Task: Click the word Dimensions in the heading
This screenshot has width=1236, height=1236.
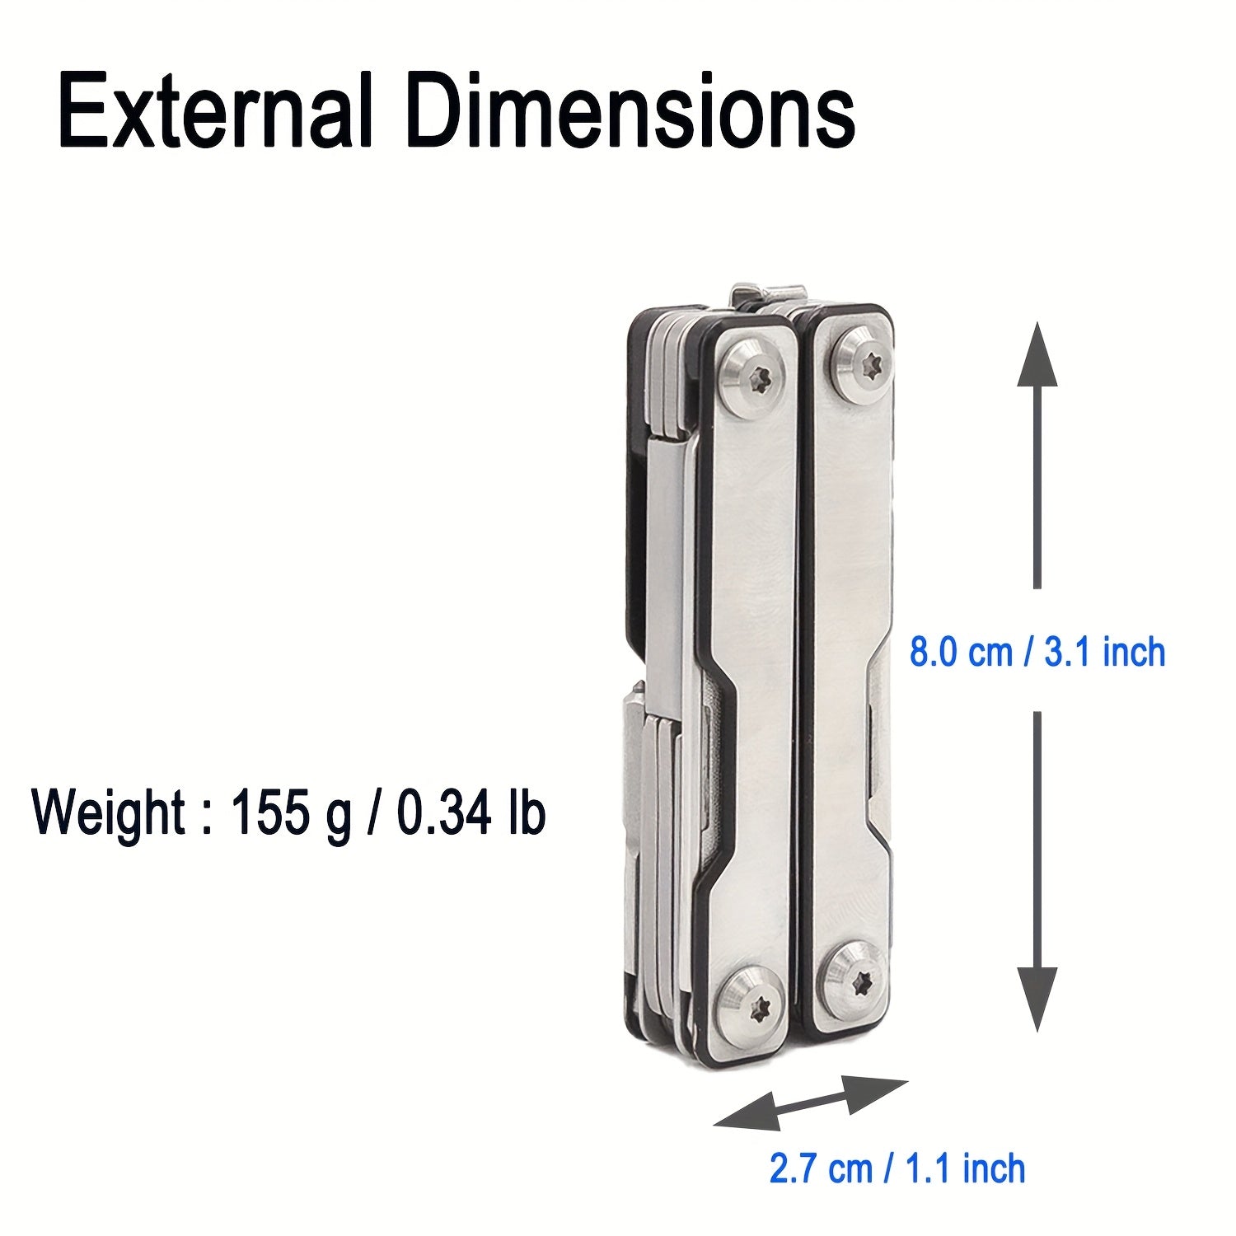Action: coord(630,111)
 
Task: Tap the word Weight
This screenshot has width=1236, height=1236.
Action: coord(107,813)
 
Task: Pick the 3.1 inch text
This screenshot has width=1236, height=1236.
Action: coord(1104,653)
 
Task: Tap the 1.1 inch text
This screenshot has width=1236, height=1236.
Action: coord(965,1168)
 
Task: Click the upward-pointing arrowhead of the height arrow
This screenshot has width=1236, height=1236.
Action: coord(1037,358)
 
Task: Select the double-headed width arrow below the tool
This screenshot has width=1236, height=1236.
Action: coord(811,1103)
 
